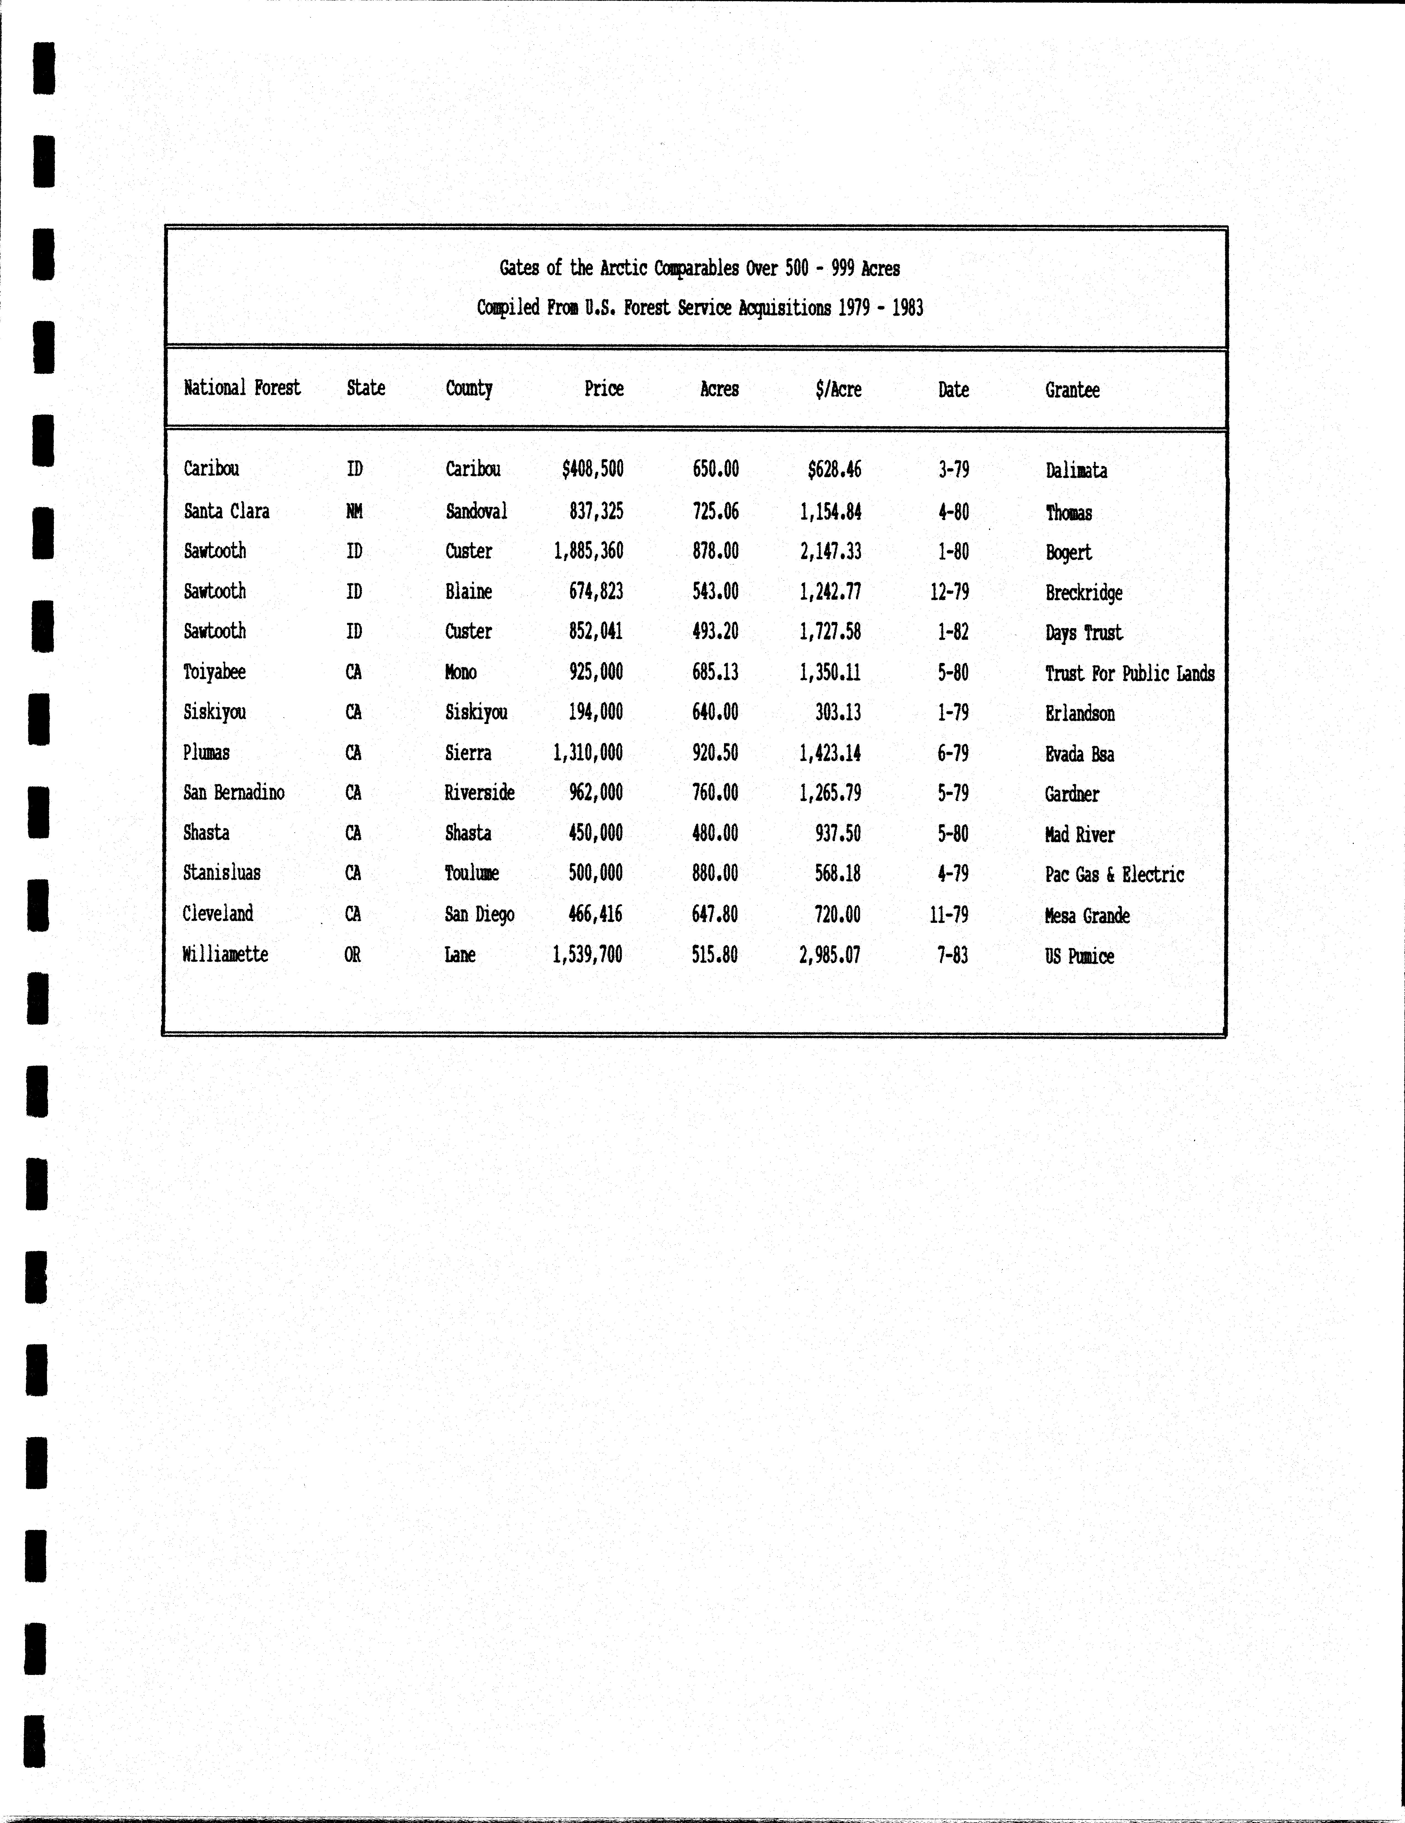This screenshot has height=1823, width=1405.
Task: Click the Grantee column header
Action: pos(1072,390)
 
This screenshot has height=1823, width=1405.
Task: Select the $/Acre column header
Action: pos(838,389)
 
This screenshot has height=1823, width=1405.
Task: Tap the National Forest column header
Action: pos(242,387)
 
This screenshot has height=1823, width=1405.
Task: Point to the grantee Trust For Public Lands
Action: pos(1130,674)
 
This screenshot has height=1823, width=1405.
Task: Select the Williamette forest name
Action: pos(225,954)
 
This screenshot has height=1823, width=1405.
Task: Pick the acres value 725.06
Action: pos(715,511)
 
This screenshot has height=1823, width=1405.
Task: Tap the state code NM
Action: pos(354,511)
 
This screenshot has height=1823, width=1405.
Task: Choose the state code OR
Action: pos(352,954)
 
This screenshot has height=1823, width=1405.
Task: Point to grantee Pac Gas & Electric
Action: pos(1115,875)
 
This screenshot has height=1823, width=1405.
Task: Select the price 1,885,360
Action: pos(588,551)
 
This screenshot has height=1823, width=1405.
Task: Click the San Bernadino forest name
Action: pos(234,792)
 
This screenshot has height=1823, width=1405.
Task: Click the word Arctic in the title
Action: pos(624,268)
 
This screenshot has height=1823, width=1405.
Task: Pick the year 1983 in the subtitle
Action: pos(907,308)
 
